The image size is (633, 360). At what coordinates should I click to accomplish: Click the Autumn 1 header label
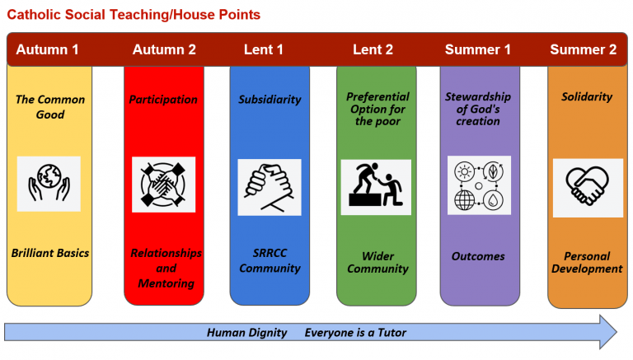pyautogui.click(x=47, y=49)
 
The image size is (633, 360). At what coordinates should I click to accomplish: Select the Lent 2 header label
pyautogui.click(x=373, y=49)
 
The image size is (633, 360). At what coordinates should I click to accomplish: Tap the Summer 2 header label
pyautogui.click(x=583, y=49)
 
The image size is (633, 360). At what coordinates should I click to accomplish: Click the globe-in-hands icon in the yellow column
pyautogui.click(x=49, y=184)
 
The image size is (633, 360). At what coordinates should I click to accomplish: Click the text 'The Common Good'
pyautogui.click(x=49, y=107)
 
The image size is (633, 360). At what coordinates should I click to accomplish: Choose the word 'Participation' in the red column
pyautogui.click(x=163, y=100)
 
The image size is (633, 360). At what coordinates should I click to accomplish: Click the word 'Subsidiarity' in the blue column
pyautogui.click(x=270, y=100)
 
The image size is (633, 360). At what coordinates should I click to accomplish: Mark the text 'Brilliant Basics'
pyautogui.click(x=49, y=253)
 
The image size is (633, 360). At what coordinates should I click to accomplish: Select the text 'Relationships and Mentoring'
pyautogui.click(x=166, y=268)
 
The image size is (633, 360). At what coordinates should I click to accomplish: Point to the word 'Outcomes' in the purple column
pyautogui.click(x=478, y=256)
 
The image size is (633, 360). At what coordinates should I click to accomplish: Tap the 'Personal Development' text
pyautogui.click(x=587, y=262)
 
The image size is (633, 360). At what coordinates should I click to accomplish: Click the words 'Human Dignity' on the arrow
pyautogui.click(x=246, y=333)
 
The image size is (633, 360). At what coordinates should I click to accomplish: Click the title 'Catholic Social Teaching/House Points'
pyautogui.click(x=134, y=14)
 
